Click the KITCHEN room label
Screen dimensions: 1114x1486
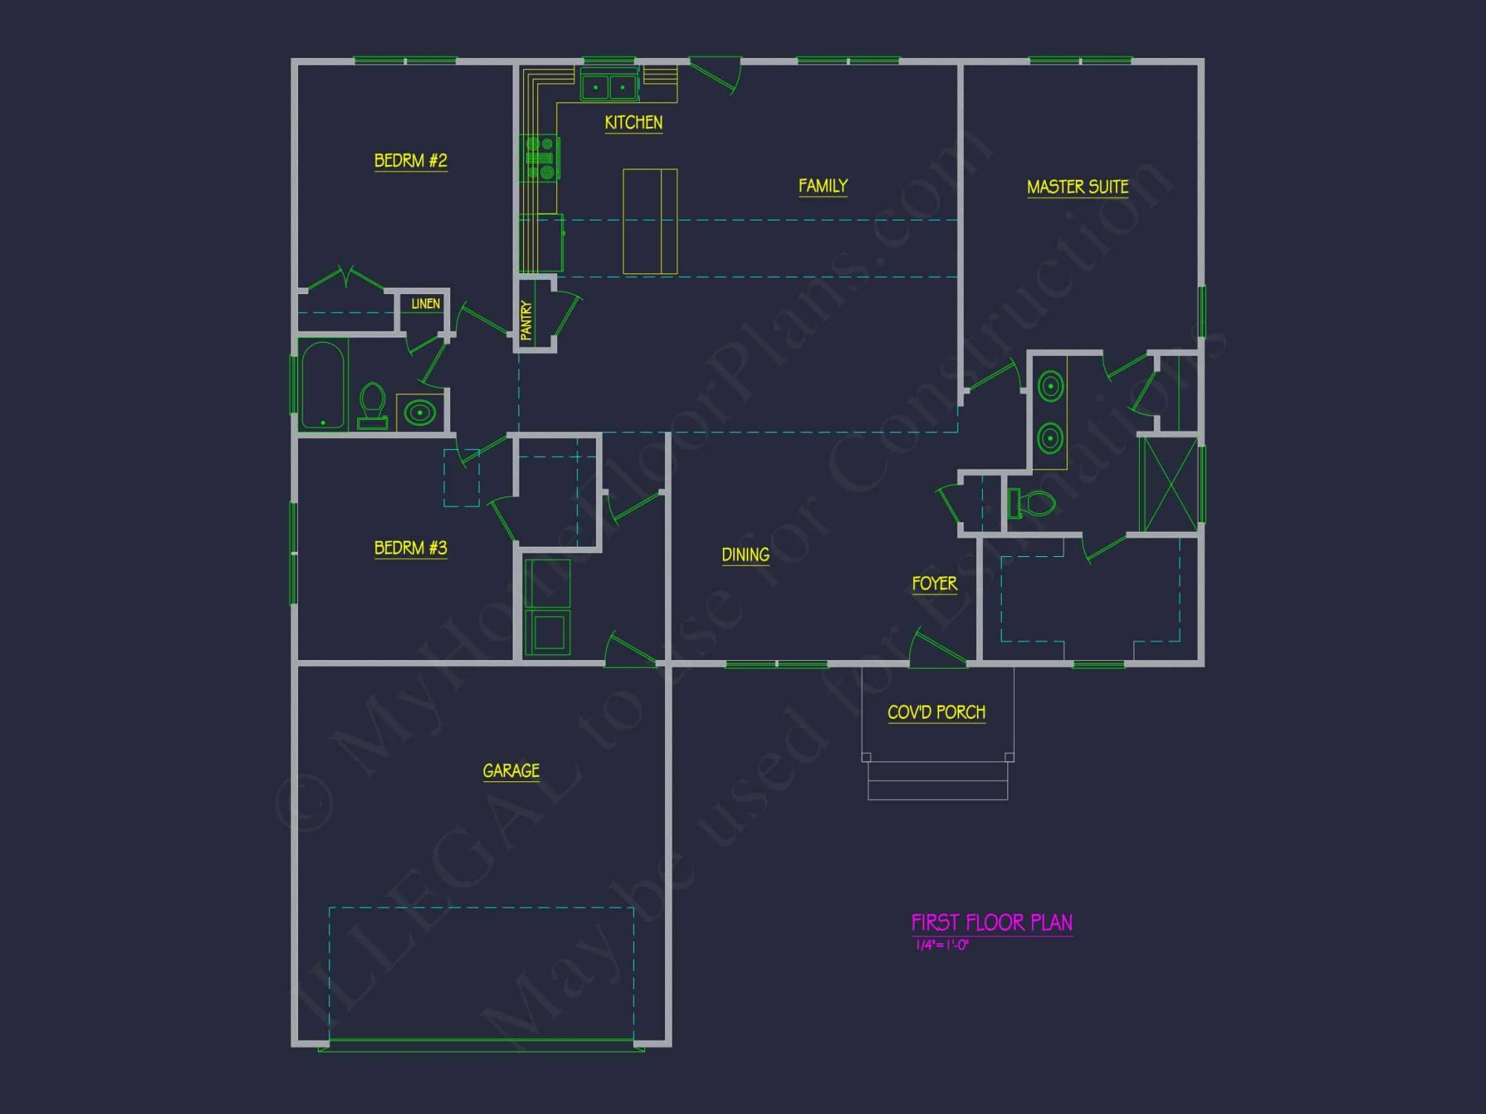(633, 123)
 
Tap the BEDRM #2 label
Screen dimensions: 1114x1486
(410, 160)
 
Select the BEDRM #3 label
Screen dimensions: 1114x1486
(410, 548)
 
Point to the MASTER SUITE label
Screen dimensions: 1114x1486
(1077, 186)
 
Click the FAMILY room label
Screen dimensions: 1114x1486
(823, 186)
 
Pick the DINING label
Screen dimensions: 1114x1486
(745, 555)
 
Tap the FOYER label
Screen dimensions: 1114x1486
(934, 584)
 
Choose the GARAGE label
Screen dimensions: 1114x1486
(511, 771)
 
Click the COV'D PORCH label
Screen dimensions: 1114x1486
(936, 712)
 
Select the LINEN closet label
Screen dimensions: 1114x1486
(425, 304)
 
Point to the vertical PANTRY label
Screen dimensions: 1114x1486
(527, 320)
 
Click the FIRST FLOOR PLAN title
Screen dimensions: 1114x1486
(991, 922)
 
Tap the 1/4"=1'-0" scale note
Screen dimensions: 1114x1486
(941, 945)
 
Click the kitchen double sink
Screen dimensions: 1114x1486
(609, 87)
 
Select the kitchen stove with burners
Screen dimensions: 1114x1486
(540, 157)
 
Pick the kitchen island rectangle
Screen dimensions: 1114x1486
(649, 221)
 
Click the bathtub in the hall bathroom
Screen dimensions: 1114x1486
(323, 385)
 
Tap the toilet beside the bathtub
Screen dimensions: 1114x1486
(372, 405)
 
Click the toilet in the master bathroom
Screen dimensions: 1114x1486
(1032, 503)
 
